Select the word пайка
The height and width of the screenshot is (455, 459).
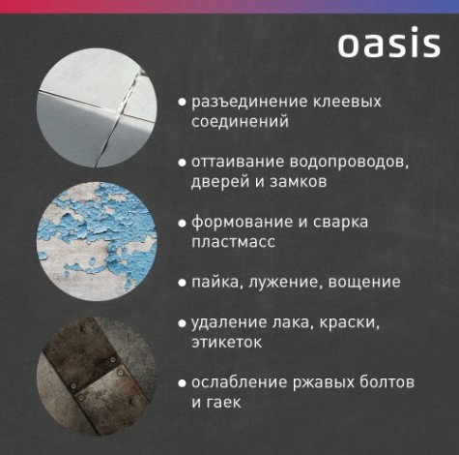click(215, 282)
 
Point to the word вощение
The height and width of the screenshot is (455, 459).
click(366, 282)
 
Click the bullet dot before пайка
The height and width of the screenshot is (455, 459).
click(182, 283)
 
